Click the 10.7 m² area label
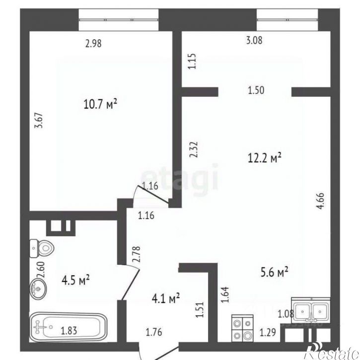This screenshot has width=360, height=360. click(101, 104)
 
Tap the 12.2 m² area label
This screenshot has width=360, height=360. click(265, 158)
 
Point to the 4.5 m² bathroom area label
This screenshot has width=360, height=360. click(75, 280)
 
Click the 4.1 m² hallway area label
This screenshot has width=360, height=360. click(165, 298)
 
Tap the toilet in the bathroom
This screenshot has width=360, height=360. click(42, 248)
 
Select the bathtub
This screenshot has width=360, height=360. click(68, 327)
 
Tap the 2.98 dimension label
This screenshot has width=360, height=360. click(93, 43)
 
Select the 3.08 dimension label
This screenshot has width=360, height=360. click(254, 40)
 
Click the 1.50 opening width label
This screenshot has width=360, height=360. click(256, 90)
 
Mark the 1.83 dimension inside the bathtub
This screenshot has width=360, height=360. click(69, 331)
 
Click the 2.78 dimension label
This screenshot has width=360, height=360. click(136, 254)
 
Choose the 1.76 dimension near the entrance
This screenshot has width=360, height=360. click(154, 332)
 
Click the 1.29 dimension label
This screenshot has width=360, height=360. click(268, 332)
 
